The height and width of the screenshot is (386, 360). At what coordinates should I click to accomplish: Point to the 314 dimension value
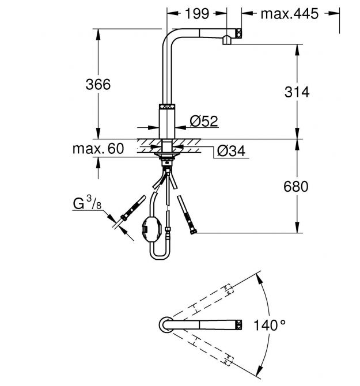pos(298,92)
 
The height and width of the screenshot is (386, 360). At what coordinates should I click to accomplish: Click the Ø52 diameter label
pos(203,121)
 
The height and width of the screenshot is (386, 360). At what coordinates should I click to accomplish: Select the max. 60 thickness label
pos(98,149)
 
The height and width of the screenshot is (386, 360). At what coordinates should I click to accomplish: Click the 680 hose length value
pos(297,186)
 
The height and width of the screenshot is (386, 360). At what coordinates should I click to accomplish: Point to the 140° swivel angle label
pos(270,326)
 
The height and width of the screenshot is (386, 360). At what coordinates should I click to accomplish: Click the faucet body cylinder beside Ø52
pos(166,120)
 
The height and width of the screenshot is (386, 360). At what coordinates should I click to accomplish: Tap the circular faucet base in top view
pos(164,325)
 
